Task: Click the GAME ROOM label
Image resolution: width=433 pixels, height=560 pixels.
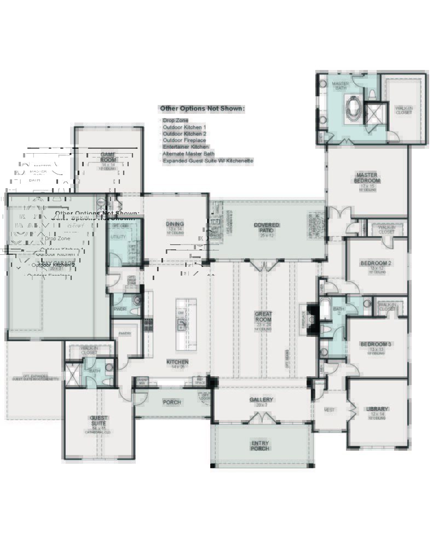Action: click(x=108, y=157)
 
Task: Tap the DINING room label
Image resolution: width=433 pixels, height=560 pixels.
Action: click(x=175, y=224)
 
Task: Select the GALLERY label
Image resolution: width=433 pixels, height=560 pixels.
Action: click(x=262, y=400)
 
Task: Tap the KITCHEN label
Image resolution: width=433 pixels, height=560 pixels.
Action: click(x=177, y=362)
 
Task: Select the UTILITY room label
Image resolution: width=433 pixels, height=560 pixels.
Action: click(x=118, y=237)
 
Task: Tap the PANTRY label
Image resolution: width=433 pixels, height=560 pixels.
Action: click(x=125, y=333)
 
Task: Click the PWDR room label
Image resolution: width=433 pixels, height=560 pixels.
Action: click(x=120, y=308)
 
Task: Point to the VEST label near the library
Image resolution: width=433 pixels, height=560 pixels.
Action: click(x=330, y=409)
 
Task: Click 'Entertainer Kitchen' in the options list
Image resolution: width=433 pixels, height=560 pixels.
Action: click(x=186, y=147)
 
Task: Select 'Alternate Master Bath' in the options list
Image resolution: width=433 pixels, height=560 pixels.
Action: click(x=188, y=154)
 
